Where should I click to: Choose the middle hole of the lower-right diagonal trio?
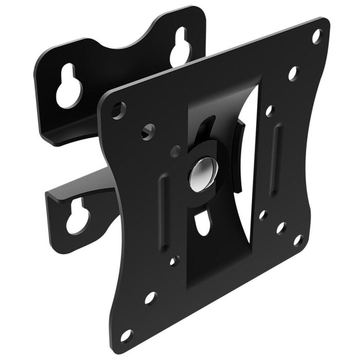pos(280,227)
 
